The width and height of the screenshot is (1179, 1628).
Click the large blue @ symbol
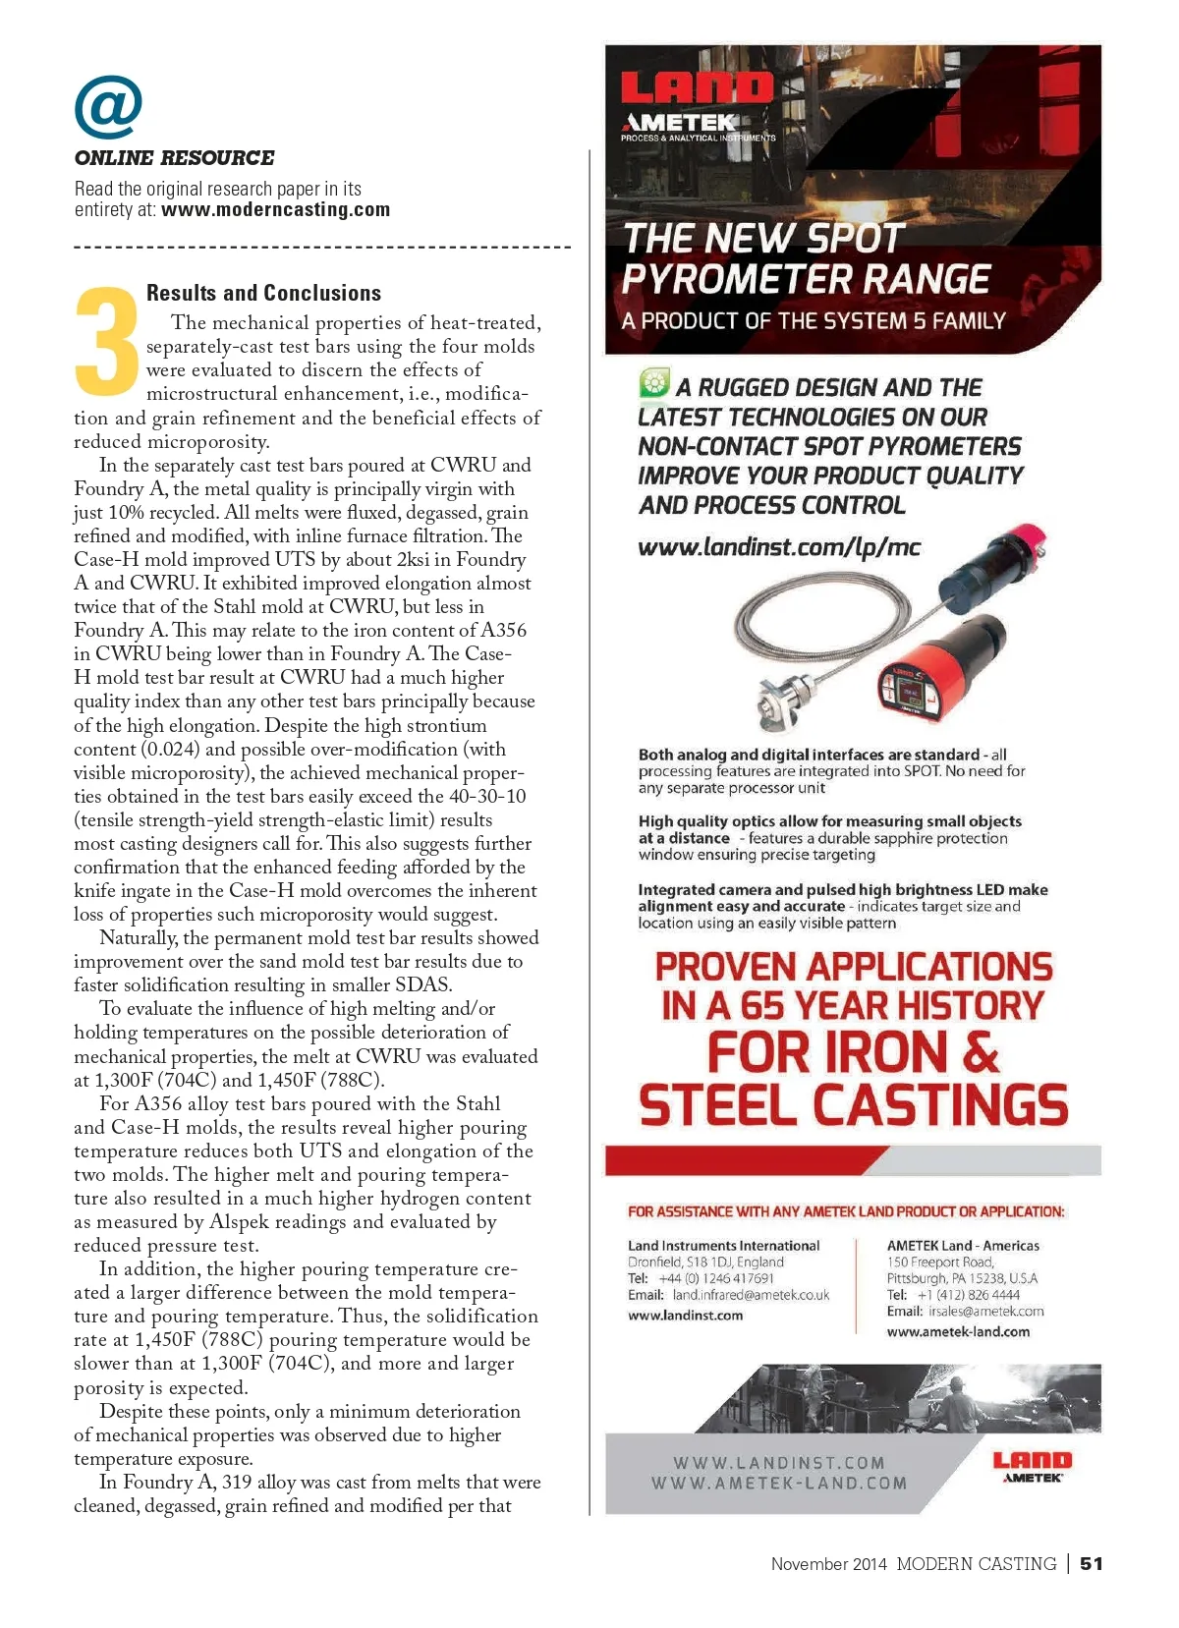[108, 107]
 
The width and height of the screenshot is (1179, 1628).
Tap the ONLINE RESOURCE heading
[174, 158]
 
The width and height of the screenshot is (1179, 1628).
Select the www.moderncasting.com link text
[275, 209]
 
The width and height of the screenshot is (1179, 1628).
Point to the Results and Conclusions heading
[263, 293]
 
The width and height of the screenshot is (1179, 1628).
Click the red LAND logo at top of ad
[697, 88]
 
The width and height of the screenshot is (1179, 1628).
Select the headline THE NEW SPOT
[762, 238]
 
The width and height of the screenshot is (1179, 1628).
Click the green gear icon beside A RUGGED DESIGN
[653, 383]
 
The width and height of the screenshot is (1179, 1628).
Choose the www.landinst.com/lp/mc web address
[778, 547]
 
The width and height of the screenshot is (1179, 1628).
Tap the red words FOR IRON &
[852, 1052]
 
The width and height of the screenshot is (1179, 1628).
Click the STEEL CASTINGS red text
[853, 1104]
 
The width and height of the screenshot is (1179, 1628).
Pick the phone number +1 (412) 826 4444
[968, 1295]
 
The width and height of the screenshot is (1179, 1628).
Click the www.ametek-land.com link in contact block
[958, 1332]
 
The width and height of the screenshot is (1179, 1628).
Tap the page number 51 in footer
[1091, 1563]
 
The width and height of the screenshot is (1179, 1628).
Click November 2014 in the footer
[828, 1564]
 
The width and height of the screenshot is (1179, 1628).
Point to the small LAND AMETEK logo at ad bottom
[1032, 1467]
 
